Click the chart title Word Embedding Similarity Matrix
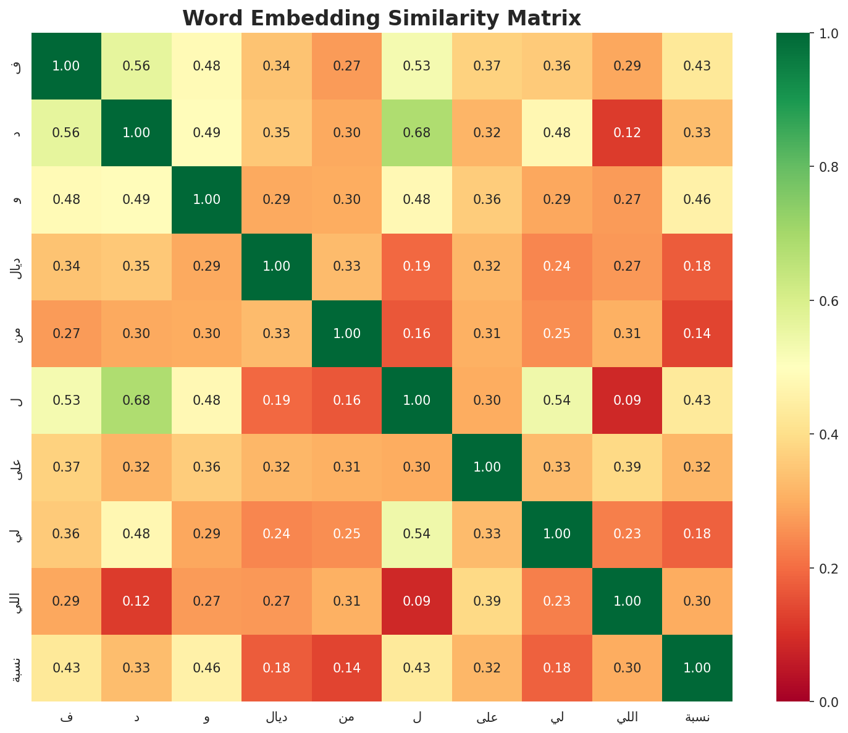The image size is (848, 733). click(x=382, y=19)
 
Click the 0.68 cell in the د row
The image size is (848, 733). click(x=417, y=133)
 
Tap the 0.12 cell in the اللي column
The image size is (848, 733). click(x=628, y=133)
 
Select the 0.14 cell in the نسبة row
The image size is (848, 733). click(x=346, y=667)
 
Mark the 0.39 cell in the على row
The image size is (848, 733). click(x=628, y=467)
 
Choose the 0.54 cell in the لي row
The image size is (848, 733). click(x=417, y=534)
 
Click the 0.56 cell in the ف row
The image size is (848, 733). click(x=136, y=66)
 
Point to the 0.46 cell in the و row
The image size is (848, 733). click(x=697, y=200)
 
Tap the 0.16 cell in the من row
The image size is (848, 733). click(x=417, y=333)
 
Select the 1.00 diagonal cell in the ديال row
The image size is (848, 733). click(x=277, y=266)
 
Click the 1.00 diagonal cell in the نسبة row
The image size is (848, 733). click(x=697, y=667)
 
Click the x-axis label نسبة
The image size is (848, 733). click(x=697, y=717)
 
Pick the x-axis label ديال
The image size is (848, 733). click(x=277, y=717)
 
